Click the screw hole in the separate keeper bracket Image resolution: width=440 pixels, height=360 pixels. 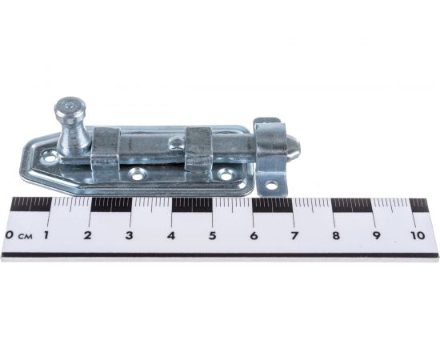[270, 185]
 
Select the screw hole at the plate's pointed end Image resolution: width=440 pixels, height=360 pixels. [50, 158]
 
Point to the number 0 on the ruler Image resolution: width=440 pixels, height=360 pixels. [10, 235]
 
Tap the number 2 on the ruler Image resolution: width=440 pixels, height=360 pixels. [88, 235]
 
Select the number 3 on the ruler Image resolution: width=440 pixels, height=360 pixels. [129, 235]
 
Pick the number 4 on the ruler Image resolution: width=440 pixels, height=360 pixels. [171, 235]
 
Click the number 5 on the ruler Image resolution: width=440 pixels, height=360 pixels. [213, 235]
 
